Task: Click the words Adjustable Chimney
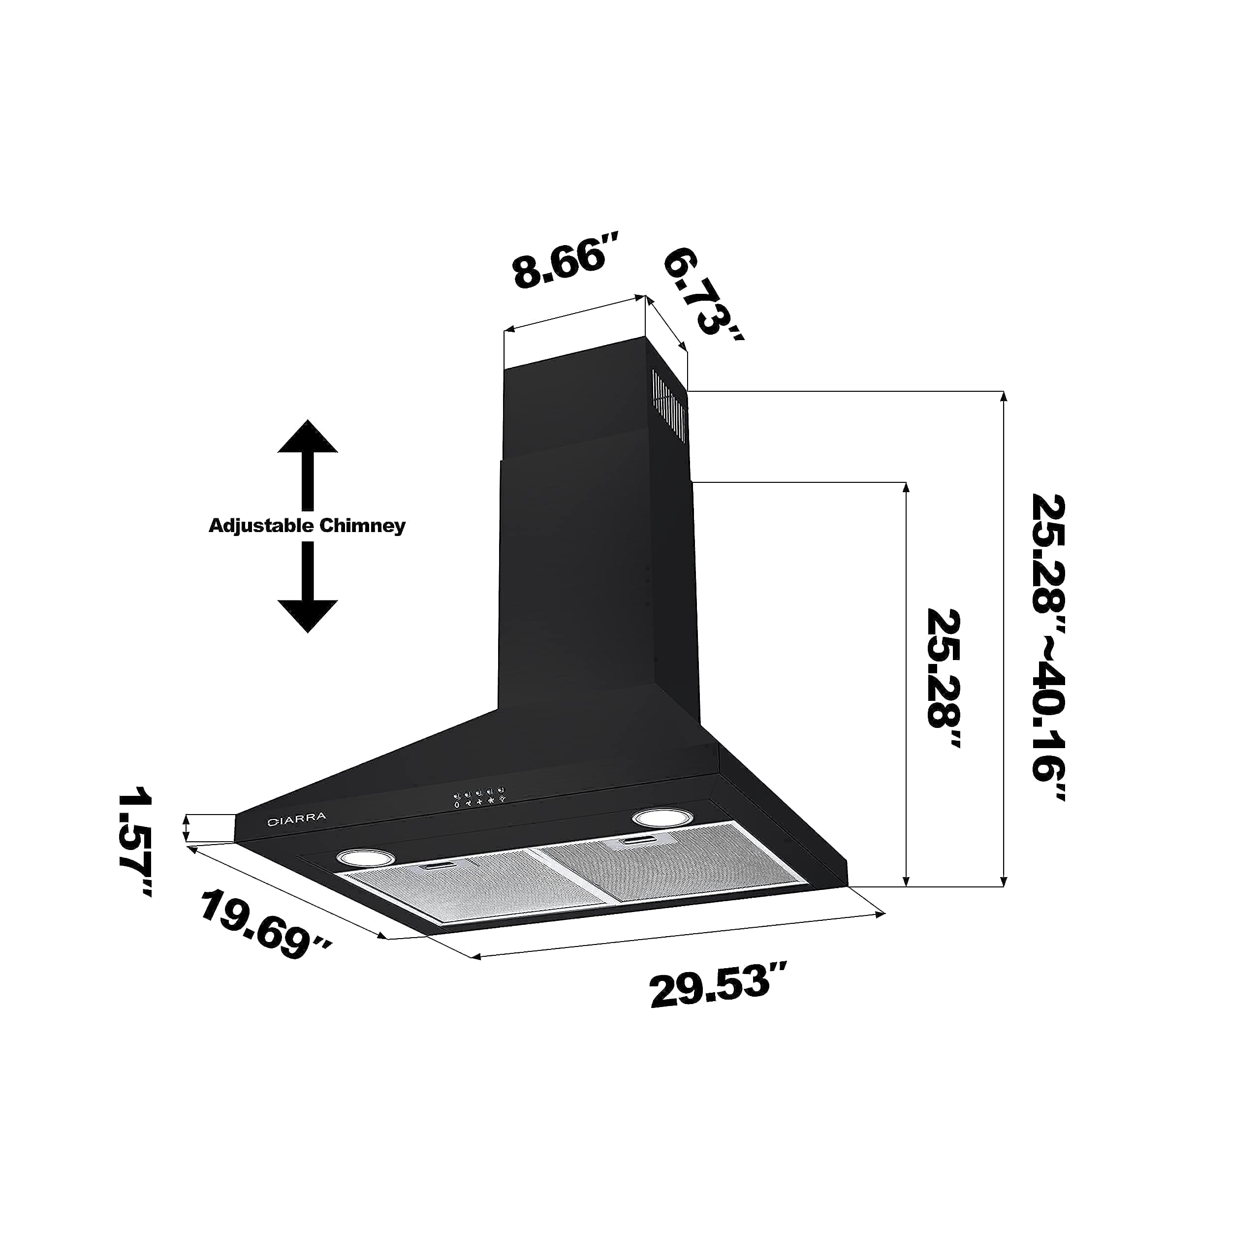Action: [307, 526]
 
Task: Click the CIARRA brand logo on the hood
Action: [297, 819]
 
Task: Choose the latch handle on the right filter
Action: [642, 841]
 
